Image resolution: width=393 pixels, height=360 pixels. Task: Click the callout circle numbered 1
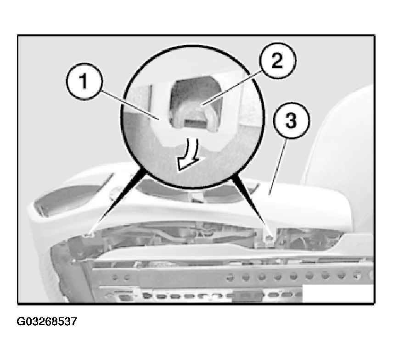[x=84, y=81]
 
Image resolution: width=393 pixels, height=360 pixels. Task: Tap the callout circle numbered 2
[x=278, y=61]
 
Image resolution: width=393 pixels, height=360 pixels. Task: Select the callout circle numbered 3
[x=292, y=121]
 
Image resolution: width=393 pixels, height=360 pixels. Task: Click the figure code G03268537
[x=47, y=321]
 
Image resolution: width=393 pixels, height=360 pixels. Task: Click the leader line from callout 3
[x=278, y=167]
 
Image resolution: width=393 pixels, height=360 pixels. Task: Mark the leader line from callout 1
[x=130, y=106]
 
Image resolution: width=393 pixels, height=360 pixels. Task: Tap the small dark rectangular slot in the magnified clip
[x=196, y=123]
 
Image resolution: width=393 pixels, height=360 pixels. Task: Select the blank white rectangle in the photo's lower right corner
[x=337, y=294]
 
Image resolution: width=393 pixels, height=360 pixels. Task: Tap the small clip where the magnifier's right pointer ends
[x=269, y=237]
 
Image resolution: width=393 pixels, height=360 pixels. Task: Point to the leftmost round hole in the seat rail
[x=115, y=277]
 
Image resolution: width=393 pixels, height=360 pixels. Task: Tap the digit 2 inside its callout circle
[x=277, y=61]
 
